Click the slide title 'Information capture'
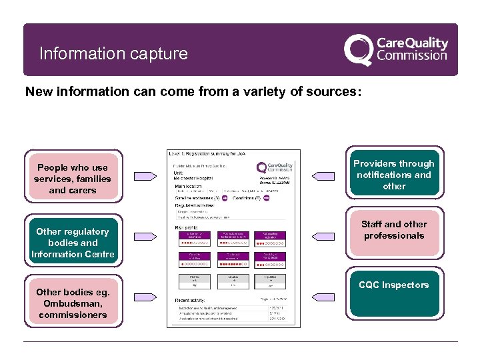113,53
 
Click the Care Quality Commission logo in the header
396,49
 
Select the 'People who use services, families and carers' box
73,179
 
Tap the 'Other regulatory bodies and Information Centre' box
73,243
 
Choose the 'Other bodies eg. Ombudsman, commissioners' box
73,303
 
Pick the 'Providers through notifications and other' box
394,175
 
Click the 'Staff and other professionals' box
394,230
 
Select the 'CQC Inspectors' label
394,285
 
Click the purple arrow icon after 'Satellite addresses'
225,198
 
